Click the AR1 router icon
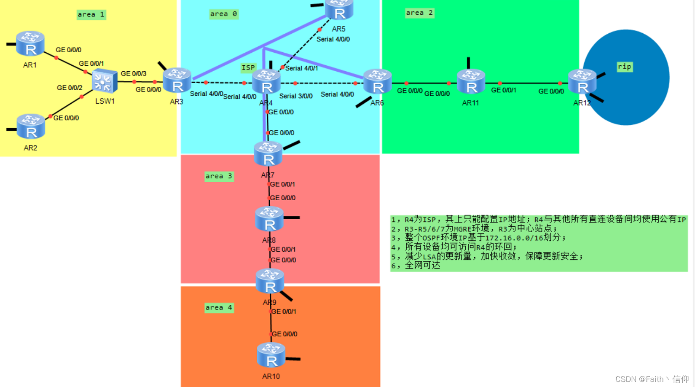coord(30,43)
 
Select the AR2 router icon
coord(31,126)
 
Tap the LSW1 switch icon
coord(104,81)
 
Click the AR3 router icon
coord(177,81)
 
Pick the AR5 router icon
coord(339,9)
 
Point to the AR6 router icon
coord(378,82)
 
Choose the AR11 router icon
coord(471,82)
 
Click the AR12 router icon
coord(582,82)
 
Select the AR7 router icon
coord(268,154)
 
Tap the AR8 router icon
coord(269,219)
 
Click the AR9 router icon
coord(270,281)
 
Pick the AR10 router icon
coord(271,355)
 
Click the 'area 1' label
coord(91,14)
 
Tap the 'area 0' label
coord(224,14)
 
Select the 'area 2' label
coord(419,13)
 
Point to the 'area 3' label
coord(219,176)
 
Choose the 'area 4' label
coord(219,308)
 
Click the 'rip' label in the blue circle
coord(625,67)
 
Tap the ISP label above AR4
coord(248,67)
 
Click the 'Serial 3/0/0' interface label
coord(296,96)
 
